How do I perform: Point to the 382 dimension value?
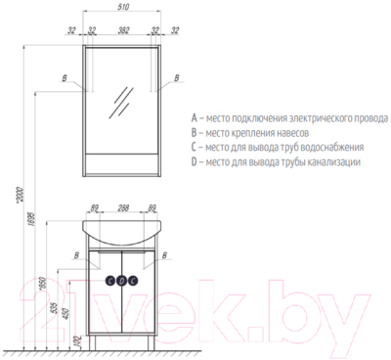pos(120,31)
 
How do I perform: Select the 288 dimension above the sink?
pos(120,207)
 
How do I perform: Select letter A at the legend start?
pos(195,114)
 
